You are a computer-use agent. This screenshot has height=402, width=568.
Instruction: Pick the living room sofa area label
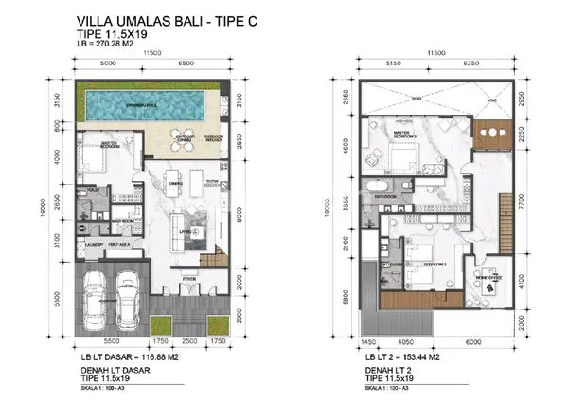(x=186, y=229)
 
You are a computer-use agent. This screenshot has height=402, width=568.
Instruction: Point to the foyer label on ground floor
(x=189, y=278)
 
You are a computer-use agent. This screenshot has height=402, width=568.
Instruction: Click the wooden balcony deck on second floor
(x=491, y=133)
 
